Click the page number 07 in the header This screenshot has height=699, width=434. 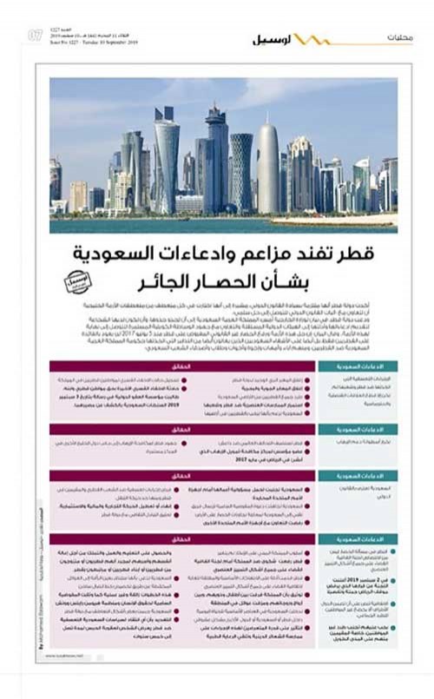pos(36,36)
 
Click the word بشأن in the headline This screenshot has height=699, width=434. pos(305,285)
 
